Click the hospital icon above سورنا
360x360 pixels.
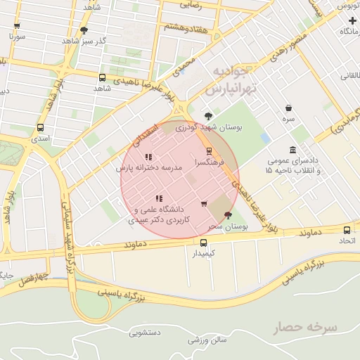(15, 25)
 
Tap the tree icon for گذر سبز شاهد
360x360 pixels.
(84, 30)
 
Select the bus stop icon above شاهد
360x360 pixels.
(103, 78)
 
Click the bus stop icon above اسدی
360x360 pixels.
(40, 129)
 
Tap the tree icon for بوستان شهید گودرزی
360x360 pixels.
(207, 117)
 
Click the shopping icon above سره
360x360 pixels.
(288, 108)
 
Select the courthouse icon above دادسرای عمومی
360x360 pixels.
(292, 150)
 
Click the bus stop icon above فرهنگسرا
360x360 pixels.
(208, 151)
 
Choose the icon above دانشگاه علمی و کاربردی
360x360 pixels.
(159, 198)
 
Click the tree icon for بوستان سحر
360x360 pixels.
(226, 215)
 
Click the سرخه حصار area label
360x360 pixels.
(307, 328)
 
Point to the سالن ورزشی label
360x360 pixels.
(207, 340)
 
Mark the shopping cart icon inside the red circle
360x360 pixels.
(204, 204)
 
